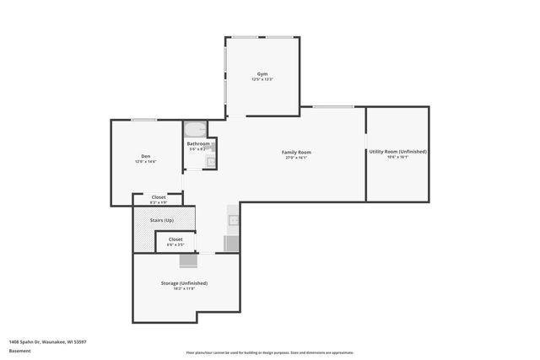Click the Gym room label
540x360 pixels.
point(262,74)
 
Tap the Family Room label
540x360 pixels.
point(295,152)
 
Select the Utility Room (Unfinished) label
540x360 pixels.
point(397,152)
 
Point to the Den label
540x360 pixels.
point(146,156)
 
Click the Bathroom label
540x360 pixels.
point(198,143)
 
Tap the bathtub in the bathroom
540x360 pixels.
point(195,131)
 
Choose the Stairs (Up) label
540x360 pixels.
point(161,220)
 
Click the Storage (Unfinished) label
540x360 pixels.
point(184,283)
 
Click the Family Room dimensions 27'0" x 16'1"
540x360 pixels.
point(295,158)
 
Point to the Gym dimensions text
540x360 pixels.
point(262,80)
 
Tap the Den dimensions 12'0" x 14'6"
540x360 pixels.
point(146,161)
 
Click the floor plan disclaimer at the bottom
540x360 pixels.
point(270,352)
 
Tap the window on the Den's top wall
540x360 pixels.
point(143,120)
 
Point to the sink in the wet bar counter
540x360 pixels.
point(234,221)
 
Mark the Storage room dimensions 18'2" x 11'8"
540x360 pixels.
point(184,289)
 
